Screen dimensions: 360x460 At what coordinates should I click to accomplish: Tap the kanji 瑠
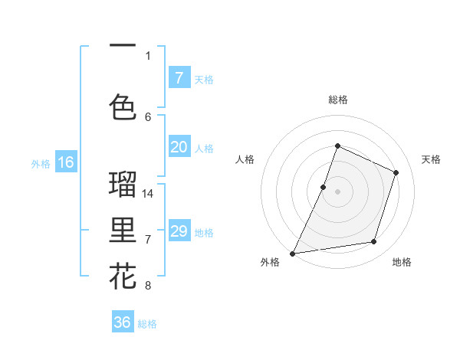click(x=123, y=184)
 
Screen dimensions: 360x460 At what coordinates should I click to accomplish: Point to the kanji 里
click(x=123, y=231)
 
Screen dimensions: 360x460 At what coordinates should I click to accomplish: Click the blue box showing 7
click(x=179, y=77)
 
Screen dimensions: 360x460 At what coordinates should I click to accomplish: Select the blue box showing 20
click(x=179, y=148)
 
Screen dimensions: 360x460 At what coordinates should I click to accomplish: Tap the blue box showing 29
click(x=179, y=231)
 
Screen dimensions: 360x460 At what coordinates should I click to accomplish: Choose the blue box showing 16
click(x=66, y=162)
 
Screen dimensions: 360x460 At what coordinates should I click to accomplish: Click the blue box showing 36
click(x=123, y=322)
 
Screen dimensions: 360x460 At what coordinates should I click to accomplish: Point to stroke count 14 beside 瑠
click(x=148, y=193)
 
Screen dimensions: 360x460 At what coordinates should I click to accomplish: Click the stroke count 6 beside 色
click(x=148, y=116)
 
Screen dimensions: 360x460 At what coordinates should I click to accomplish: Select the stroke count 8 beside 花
click(x=148, y=286)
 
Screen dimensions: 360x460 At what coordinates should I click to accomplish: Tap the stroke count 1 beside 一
click(x=148, y=55)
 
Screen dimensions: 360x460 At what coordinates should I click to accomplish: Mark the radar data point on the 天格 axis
click(x=396, y=172)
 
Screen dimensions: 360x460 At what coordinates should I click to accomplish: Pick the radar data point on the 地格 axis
click(x=374, y=242)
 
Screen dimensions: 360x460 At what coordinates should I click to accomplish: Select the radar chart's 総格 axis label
click(x=337, y=100)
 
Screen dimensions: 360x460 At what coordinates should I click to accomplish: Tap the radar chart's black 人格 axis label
click(x=245, y=159)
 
